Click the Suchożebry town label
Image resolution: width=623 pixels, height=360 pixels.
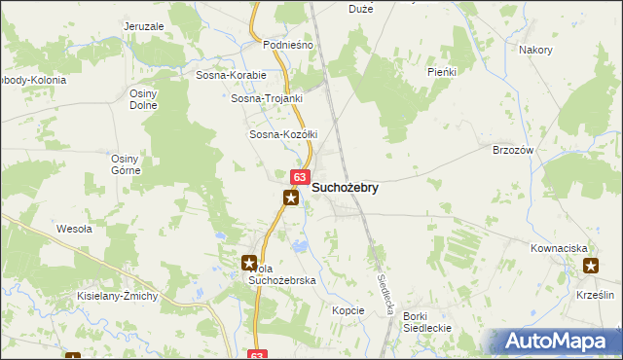(345, 187)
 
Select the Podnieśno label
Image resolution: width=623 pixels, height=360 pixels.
(287, 45)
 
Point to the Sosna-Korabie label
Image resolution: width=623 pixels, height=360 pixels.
(231, 74)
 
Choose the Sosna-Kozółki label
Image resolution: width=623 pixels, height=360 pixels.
(284, 134)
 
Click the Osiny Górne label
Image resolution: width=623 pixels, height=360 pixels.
(127, 163)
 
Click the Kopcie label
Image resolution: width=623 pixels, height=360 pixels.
(348, 310)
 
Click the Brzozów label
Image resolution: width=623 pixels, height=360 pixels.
(514, 150)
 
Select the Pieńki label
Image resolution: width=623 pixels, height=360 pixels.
(442, 72)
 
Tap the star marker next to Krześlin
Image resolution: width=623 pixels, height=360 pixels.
(591, 266)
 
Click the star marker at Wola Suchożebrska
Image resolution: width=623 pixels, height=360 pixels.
(249, 263)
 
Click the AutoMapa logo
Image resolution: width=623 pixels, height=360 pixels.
(559, 342)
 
